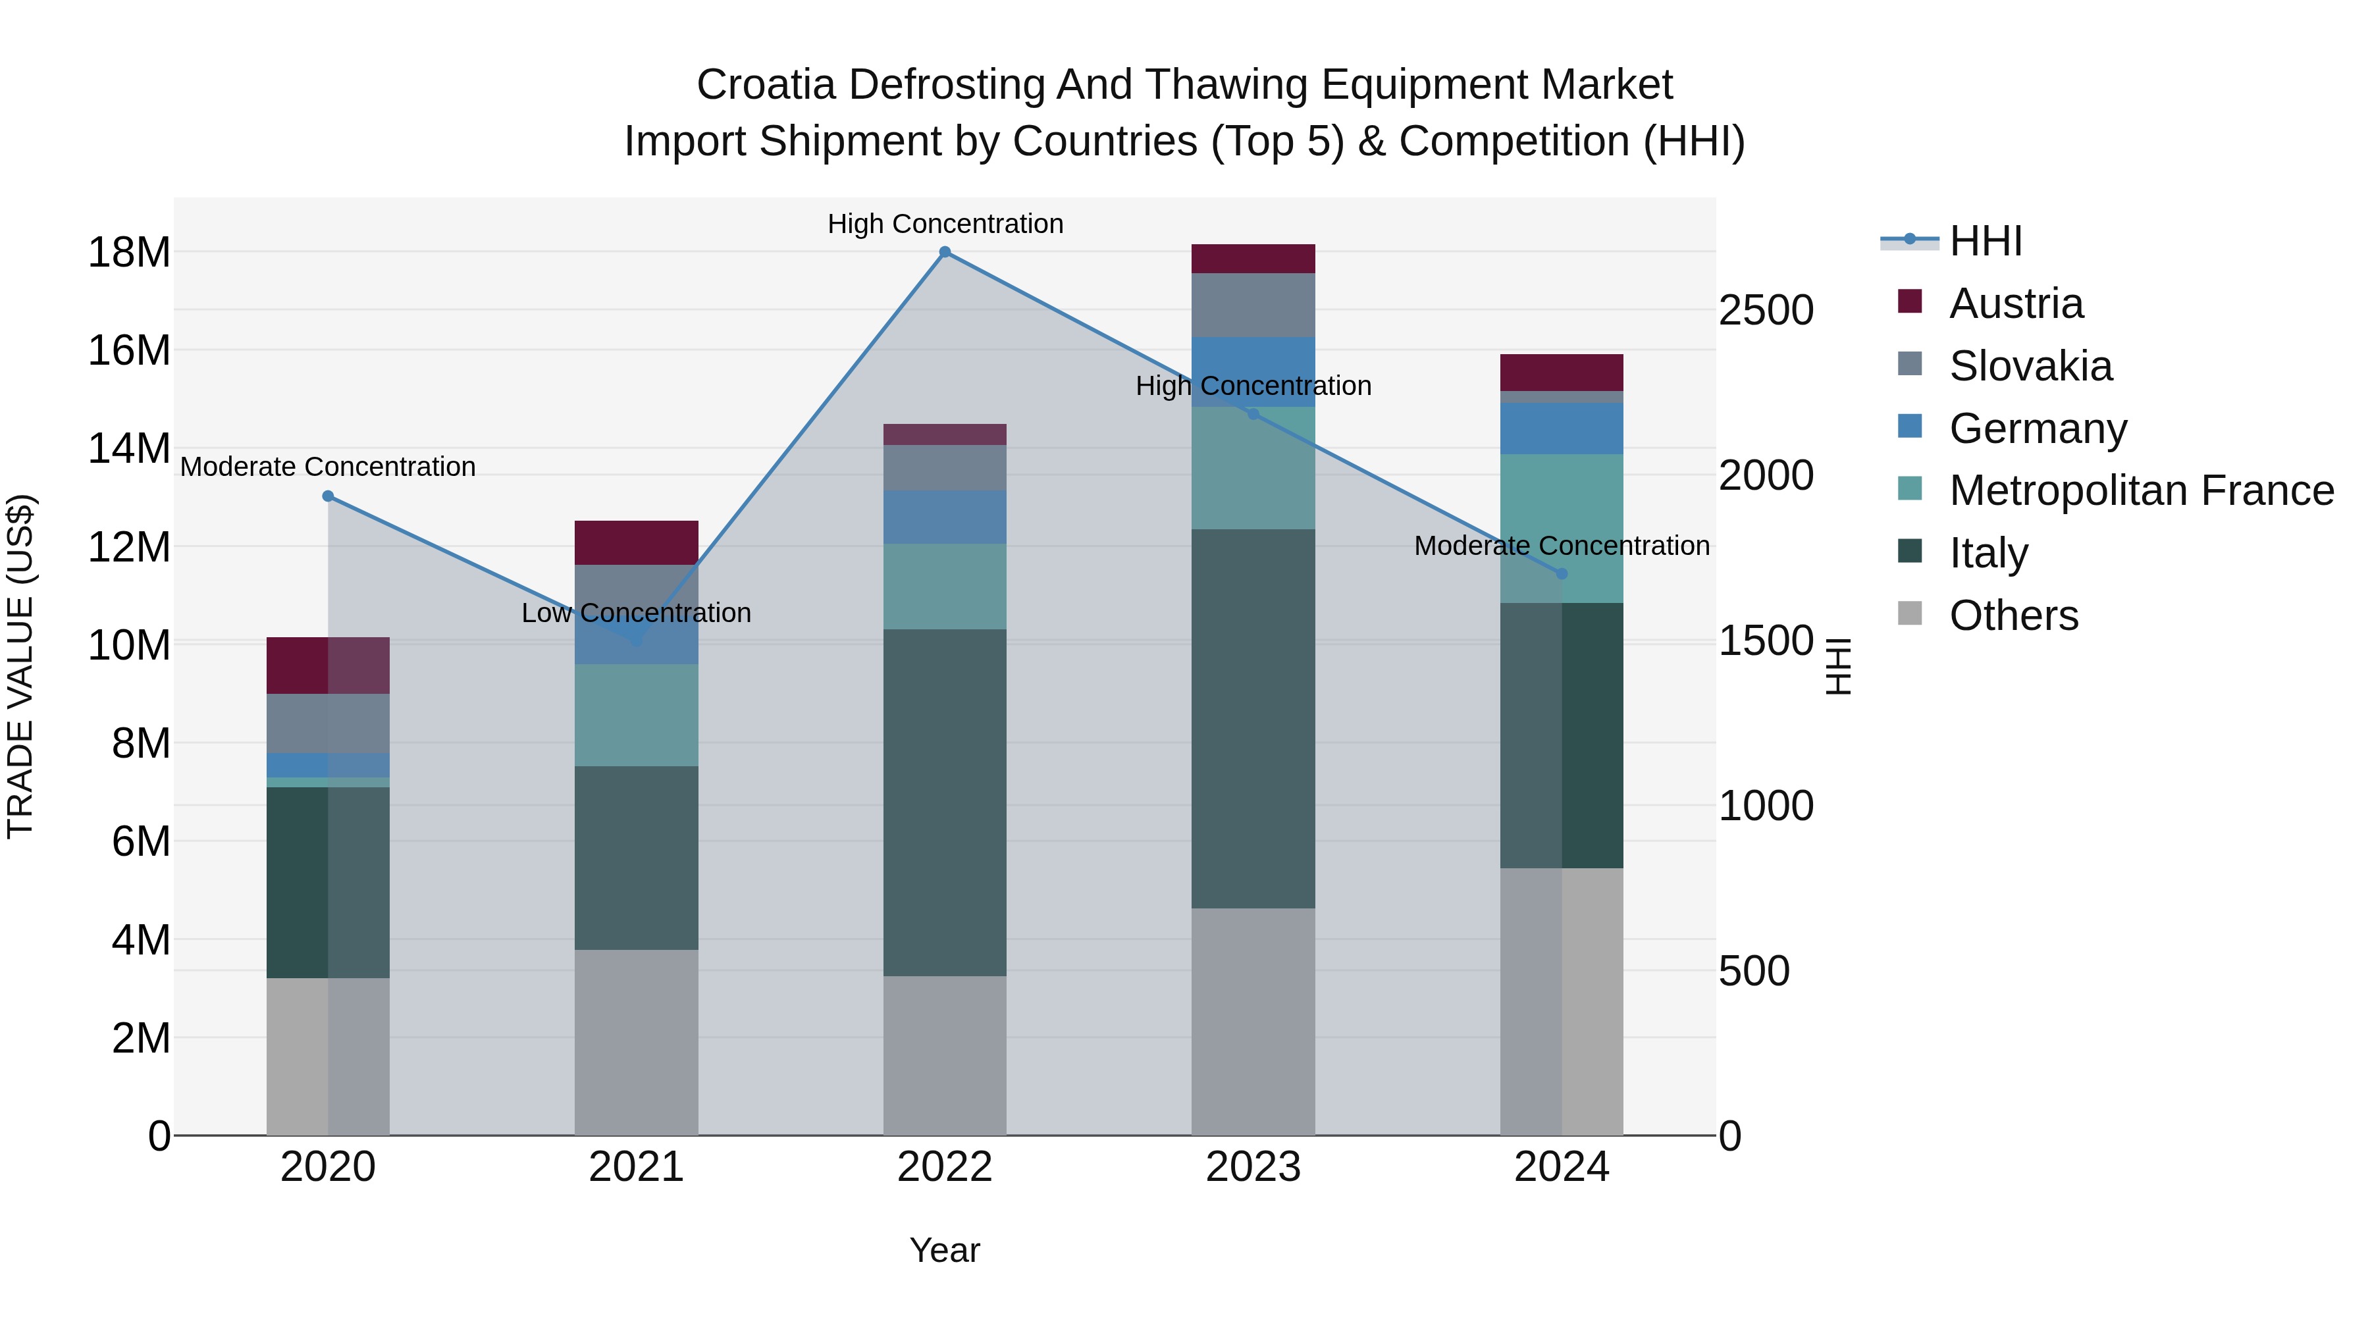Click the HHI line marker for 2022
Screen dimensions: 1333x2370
pyautogui.click(x=945, y=252)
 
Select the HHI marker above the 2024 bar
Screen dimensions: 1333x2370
pyautogui.click(x=1562, y=574)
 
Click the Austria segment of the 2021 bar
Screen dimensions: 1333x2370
pyautogui.click(x=637, y=543)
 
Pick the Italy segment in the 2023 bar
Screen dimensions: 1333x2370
pyautogui.click(x=1253, y=718)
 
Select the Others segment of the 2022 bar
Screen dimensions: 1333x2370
pyautogui.click(x=945, y=1055)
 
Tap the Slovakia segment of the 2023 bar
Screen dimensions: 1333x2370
pyautogui.click(x=1253, y=305)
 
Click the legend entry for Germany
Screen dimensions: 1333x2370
pyautogui.click(x=2037, y=429)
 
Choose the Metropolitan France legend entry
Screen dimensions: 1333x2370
pyautogui.click(x=2141, y=491)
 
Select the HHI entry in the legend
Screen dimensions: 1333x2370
pyautogui.click(x=1986, y=241)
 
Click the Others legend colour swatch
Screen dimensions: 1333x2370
pyautogui.click(x=1910, y=614)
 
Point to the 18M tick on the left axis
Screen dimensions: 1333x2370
pyautogui.click(x=129, y=253)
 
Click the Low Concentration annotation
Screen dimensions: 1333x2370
pyautogui.click(x=637, y=613)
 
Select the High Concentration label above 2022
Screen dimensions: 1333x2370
pyautogui.click(x=945, y=224)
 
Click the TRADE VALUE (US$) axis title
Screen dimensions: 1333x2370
pyautogui.click(x=20, y=666)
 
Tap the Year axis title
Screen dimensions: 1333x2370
pyautogui.click(x=945, y=1250)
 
